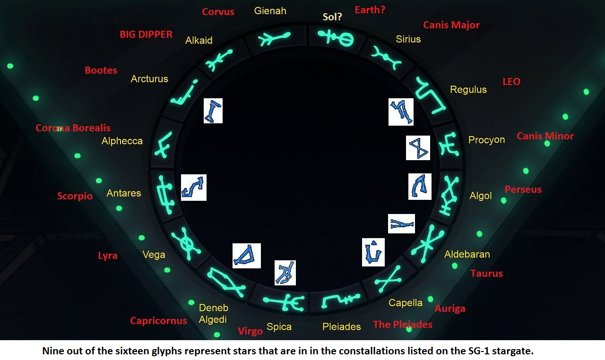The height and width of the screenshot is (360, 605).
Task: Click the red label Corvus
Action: coord(218,12)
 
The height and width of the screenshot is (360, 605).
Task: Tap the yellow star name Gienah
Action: coord(270,11)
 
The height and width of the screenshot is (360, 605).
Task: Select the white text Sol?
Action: coord(332,17)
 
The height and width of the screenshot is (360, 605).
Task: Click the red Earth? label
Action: coord(370,10)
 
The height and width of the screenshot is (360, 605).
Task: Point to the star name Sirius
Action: coord(408,39)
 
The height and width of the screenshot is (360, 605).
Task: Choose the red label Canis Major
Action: coord(451,25)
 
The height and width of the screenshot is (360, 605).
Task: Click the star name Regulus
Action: coord(468,89)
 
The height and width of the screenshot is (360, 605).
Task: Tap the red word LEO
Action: coord(511,82)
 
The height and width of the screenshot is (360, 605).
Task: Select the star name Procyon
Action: coord(486,139)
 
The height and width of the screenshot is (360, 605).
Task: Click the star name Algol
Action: coord(481,196)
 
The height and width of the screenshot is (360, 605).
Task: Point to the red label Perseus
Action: coord(523,189)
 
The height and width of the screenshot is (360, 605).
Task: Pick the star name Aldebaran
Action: coord(467,254)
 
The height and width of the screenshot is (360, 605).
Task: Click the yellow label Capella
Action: coord(406,303)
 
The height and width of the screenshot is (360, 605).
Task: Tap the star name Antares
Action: coord(124,193)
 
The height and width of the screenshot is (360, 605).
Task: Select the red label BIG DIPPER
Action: coord(146,34)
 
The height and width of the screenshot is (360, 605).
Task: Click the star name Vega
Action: coord(154,255)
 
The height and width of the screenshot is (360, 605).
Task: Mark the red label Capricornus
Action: coord(158,321)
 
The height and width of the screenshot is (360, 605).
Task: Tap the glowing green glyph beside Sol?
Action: coord(336,38)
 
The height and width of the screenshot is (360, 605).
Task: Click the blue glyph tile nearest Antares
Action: coord(194,188)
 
